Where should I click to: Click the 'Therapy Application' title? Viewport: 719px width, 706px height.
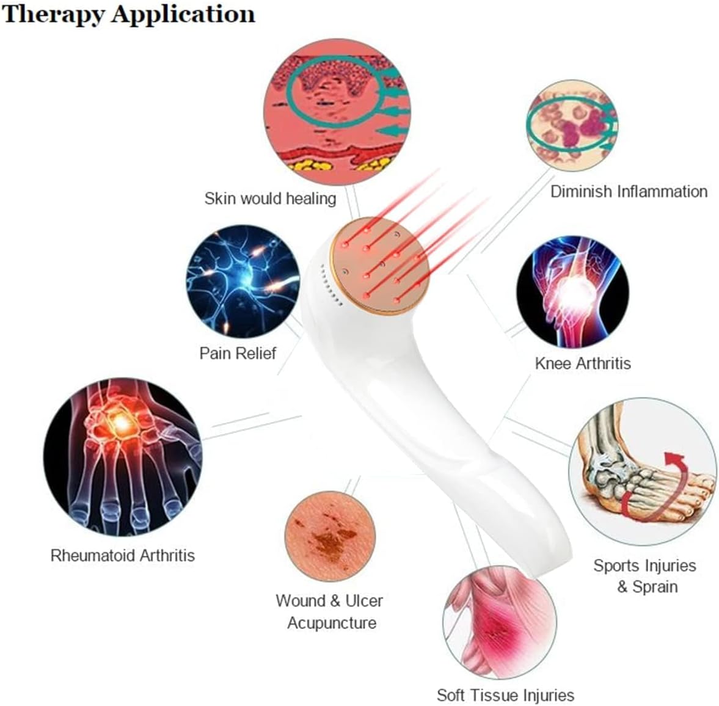(128, 14)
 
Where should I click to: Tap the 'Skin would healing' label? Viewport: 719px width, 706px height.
(270, 198)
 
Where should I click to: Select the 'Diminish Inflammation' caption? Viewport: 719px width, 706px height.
(629, 191)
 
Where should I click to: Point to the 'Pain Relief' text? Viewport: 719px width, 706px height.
(238, 353)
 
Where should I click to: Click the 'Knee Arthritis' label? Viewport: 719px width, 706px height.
(582, 363)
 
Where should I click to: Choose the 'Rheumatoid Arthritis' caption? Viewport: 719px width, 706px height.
(122, 555)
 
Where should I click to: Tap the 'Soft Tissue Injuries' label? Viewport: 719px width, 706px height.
(505, 695)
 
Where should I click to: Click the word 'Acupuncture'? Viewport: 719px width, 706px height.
(332, 623)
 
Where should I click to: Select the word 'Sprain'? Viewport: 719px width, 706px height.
(655, 587)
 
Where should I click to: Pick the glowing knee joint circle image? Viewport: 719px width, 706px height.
(572, 292)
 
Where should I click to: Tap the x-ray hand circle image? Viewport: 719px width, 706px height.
(122, 457)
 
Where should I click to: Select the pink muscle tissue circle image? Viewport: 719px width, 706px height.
(499, 623)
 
